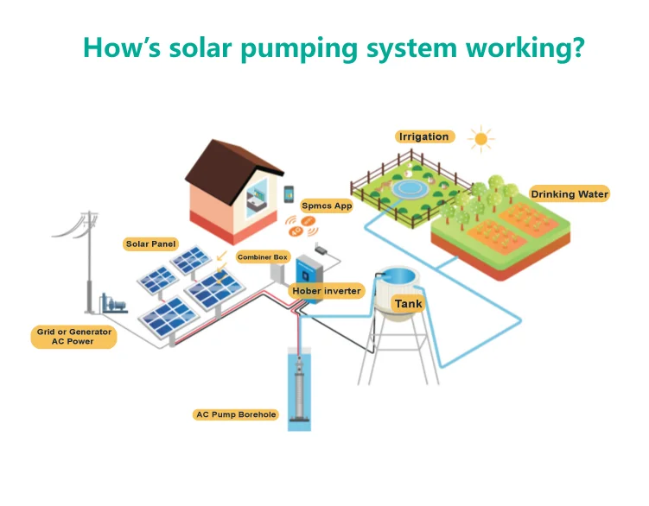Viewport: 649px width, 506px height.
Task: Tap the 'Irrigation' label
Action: pyautogui.click(x=423, y=136)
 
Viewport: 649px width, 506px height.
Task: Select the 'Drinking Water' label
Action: pyautogui.click(x=569, y=194)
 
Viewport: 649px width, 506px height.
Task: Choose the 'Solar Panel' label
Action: pyautogui.click(x=150, y=244)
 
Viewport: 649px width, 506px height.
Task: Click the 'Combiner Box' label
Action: pyautogui.click(x=263, y=257)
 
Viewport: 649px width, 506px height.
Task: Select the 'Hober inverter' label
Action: pyautogui.click(x=326, y=291)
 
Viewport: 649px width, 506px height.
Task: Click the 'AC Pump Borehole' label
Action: pyautogui.click(x=236, y=414)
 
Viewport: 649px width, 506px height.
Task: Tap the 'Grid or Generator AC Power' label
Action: pyautogui.click(x=74, y=337)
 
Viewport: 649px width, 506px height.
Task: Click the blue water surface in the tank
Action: pyautogui.click(x=400, y=276)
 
